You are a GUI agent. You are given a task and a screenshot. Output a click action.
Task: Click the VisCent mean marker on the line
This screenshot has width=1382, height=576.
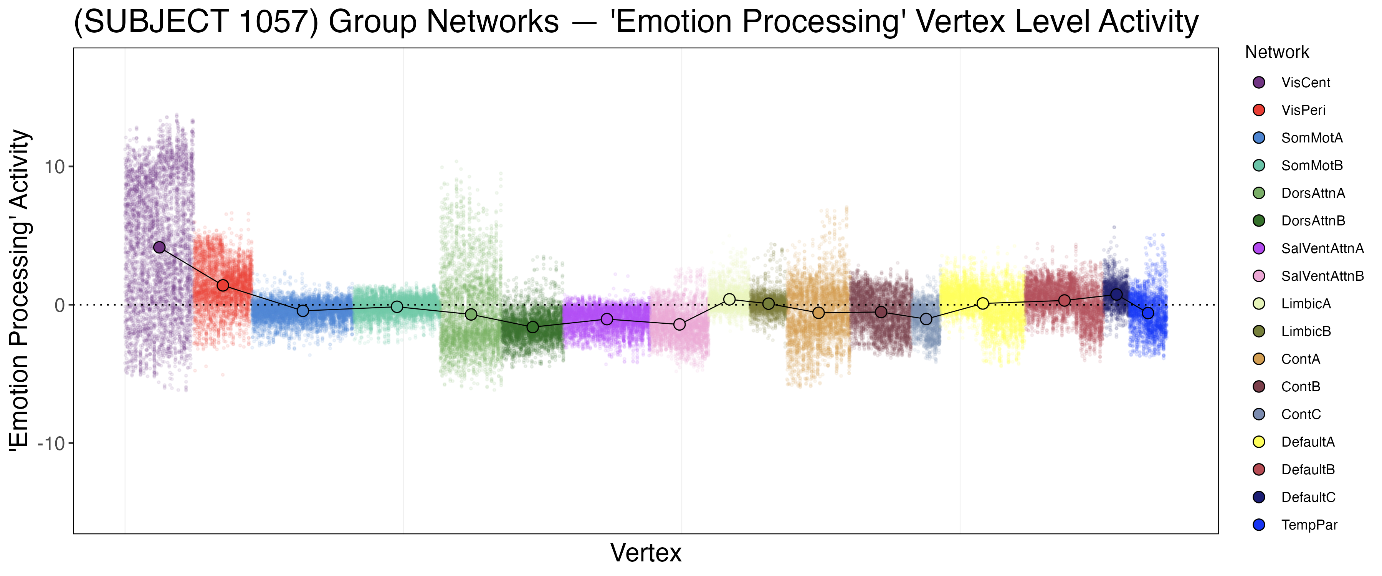159,247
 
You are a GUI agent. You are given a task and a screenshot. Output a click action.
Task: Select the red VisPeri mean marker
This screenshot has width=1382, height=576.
223,286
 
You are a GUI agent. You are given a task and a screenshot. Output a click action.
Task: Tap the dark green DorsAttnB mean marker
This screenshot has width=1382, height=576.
533,327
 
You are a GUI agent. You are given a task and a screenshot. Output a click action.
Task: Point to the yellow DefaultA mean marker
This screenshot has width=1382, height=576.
983,304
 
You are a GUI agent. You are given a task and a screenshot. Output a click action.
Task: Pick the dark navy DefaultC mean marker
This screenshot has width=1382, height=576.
1116,294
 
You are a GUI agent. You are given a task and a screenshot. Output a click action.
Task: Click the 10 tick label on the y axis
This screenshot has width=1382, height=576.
54,167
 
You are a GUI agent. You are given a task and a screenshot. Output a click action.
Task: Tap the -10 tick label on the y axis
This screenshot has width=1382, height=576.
51,444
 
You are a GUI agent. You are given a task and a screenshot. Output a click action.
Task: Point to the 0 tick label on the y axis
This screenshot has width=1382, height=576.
60,305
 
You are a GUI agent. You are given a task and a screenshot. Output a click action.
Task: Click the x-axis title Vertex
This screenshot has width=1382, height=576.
646,553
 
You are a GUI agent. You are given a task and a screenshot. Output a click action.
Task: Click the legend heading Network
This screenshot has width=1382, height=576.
1277,52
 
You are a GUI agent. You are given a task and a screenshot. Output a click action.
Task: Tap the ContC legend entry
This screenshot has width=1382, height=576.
1301,414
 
